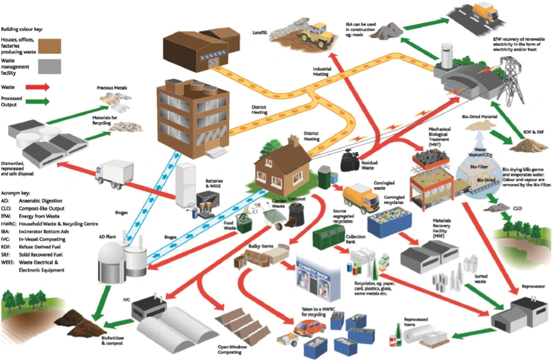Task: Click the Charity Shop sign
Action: [x=317, y=262]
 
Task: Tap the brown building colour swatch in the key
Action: [x=49, y=45]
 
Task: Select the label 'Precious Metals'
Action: [x=111, y=88]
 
